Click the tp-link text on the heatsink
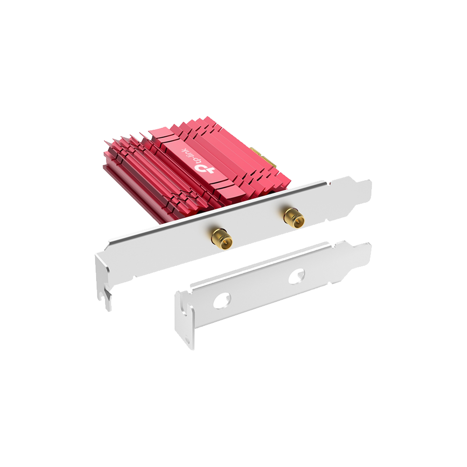tap(189, 155)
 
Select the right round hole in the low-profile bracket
tap(297, 276)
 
